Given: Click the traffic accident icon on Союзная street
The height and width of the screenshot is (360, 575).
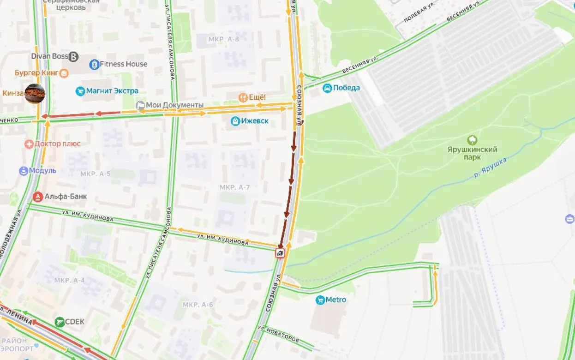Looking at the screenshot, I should click(280, 253).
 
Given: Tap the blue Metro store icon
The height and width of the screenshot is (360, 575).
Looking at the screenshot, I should click(320, 300).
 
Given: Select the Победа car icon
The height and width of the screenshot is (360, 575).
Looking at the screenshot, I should click(327, 88).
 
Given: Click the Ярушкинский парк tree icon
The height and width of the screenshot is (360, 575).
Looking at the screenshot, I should click(472, 140).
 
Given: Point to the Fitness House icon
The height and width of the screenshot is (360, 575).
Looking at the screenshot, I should click(94, 64).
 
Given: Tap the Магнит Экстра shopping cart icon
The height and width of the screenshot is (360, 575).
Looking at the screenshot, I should click(80, 91).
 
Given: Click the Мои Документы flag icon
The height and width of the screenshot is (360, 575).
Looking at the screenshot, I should click(140, 105).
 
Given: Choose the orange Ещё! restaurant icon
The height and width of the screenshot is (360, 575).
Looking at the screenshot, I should click(243, 97).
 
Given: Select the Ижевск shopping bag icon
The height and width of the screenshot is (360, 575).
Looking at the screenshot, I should click(235, 121).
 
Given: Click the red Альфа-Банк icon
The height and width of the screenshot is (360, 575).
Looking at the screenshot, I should click(38, 197).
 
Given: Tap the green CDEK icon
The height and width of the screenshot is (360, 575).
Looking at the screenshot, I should click(60, 322).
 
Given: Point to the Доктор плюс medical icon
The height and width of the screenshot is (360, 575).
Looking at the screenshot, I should click(29, 144).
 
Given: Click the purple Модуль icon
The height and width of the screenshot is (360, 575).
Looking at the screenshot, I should click(24, 171).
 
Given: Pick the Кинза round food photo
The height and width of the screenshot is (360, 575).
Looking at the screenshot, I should click(35, 94).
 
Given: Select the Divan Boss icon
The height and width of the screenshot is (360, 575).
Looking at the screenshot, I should click(73, 57).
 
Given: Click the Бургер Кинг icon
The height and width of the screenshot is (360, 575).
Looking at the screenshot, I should click(64, 73).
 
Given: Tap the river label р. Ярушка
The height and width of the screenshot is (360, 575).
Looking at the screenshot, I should click(490, 168).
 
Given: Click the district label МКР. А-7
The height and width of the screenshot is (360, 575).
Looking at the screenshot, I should click(234, 187).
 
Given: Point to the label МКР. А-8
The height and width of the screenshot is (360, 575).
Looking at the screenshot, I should click(223, 39).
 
